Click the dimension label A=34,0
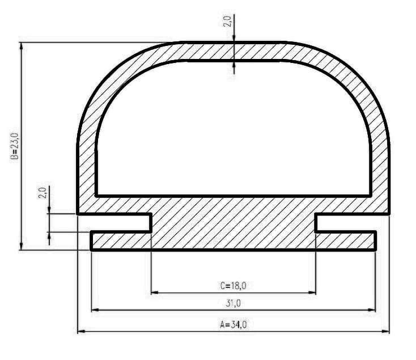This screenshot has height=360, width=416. tap(233, 325)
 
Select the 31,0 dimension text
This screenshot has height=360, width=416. tap(233, 303)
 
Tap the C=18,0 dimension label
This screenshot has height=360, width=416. tap(233, 286)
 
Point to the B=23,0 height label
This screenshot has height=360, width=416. tap(15, 146)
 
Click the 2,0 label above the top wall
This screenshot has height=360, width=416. tap(227, 22)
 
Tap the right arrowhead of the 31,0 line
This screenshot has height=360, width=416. tap(372, 310)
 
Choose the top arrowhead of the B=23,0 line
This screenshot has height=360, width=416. tap(22, 47)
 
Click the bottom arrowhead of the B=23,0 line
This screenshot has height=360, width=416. tap(22, 245)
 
